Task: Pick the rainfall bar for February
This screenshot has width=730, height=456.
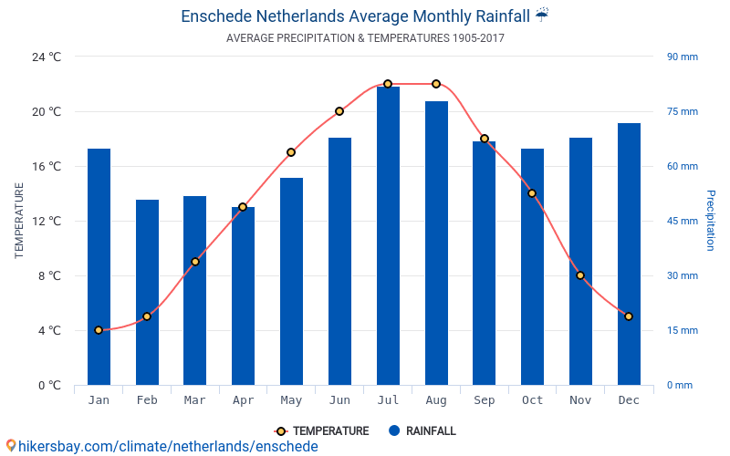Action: tap(147, 292)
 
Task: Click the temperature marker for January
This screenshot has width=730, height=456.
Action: tap(99, 330)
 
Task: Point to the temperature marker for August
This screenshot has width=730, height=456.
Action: tap(436, 84)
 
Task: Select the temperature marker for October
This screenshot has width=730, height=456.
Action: tap(532, 193)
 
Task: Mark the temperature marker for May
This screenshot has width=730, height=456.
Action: tap(291, 152)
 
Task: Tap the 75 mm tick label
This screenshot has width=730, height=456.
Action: tap(682, 111)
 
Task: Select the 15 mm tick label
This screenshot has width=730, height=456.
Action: tap(682, 330)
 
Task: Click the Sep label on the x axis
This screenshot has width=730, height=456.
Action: tap(485, 400)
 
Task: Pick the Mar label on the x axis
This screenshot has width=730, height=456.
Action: tap(194, 400)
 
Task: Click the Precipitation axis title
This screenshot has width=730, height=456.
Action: tap(711, 221)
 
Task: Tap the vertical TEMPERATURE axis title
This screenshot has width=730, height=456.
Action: tap(19, 221)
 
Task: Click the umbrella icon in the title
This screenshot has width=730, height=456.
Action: tap(542, 15)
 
